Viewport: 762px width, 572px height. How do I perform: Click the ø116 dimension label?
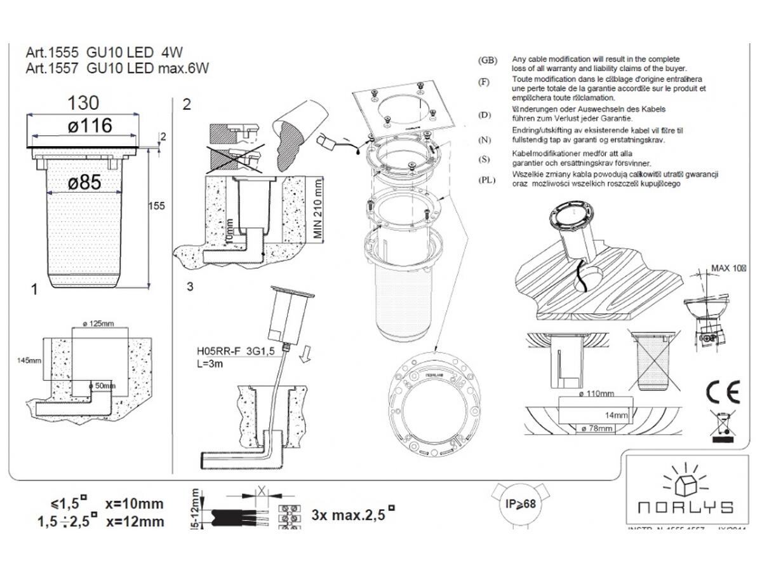coord(90,126)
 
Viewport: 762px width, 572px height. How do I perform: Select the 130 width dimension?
coord(84,103)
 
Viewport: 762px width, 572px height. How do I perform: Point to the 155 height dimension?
coord(157,205)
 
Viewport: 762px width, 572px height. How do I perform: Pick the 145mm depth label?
coord(28,360)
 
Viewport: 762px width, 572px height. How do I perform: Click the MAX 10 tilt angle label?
coord(728,268)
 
